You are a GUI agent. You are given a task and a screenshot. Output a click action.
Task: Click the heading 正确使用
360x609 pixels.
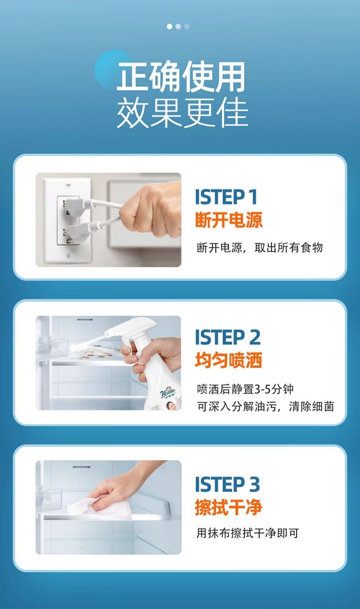(x=181, y=76)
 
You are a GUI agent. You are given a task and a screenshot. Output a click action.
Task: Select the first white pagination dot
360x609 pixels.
(x=170, y=26)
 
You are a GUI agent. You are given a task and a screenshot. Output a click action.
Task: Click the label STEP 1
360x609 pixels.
(x=226, y=197)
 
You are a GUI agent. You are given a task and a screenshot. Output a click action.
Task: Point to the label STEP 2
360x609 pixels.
(x=228, y=337)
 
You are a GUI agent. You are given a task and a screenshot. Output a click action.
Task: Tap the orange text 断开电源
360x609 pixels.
(x=229, y=220)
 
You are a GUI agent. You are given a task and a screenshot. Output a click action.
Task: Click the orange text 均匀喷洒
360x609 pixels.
(x=228, y=360)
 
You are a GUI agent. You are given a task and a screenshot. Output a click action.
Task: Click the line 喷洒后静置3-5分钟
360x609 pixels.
(x=245, y=389)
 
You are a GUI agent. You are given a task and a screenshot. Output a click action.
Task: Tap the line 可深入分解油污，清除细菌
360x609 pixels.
(x=266, y=407)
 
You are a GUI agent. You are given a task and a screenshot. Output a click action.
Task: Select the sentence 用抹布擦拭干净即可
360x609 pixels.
(x=248, y=533)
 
